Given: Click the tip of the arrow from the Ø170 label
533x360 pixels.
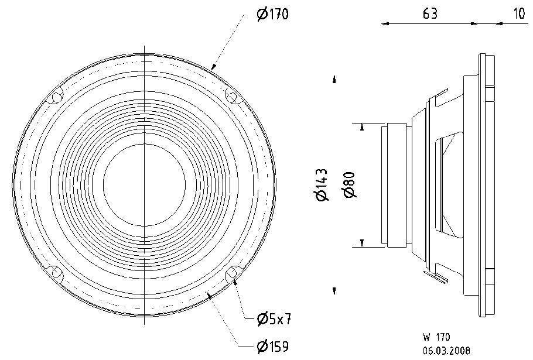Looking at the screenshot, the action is [x=211, y=70].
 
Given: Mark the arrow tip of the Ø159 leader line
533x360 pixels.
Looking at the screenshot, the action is [x=208, y=293].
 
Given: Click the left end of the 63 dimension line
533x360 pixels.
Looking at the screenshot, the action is [x=382, y=24].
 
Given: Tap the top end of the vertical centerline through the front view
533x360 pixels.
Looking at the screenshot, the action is [x=145, y=45].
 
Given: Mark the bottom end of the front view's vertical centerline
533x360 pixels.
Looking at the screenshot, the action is [x=145, y=325].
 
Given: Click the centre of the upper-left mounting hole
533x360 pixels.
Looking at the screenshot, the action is [x=56, y=97].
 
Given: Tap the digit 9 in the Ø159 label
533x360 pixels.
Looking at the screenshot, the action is [x=284, y=346].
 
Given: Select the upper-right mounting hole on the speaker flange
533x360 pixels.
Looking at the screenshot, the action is [x=232, y=97].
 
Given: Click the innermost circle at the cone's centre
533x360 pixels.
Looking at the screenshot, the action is [x=145, y=185].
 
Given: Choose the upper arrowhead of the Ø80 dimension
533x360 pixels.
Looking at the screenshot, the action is [x=363, y=127].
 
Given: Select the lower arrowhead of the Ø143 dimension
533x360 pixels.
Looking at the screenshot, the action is [x=334, y=291].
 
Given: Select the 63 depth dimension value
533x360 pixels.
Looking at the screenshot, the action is [x=430, y=13].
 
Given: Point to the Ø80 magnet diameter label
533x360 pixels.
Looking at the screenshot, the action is [x=350, y=184].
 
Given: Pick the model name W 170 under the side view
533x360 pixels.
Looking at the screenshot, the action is [x=437, y=337].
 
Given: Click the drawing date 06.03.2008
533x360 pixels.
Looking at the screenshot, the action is [x=447, y=350].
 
